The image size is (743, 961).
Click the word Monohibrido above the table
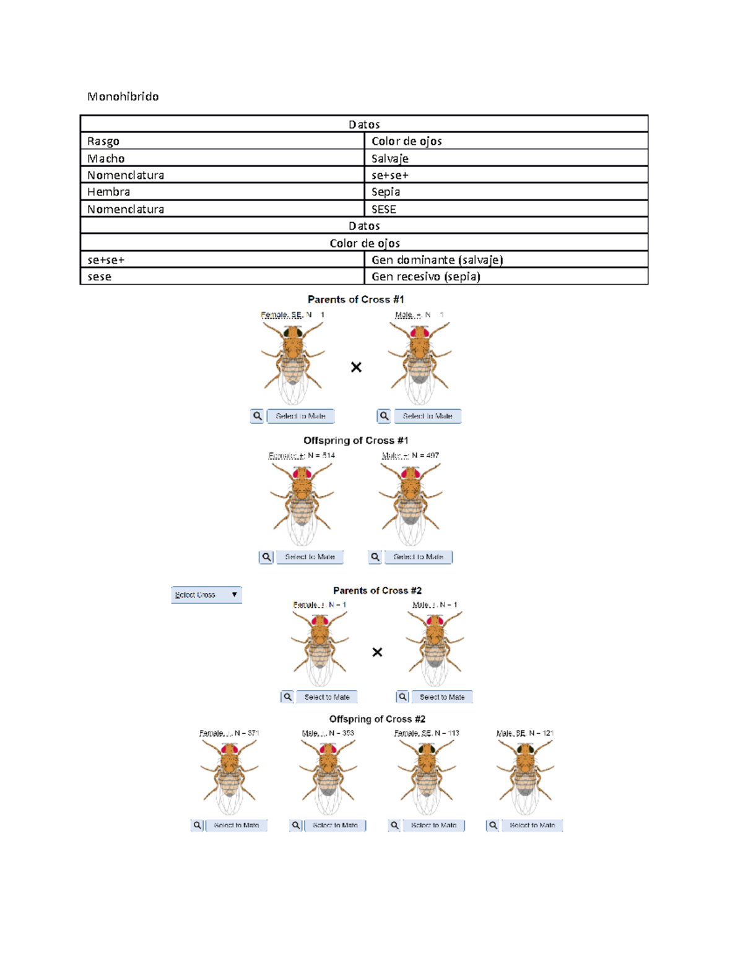pos(123,97)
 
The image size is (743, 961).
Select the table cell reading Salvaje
pos(390,158)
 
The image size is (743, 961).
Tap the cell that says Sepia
pos(386,192)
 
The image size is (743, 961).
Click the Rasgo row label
pos(103,141)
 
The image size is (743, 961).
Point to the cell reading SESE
pos(384,209)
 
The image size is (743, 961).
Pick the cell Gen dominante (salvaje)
pos(437,260)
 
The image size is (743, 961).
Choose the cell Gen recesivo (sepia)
pos(426,277)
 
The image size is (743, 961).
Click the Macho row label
pos(106,158)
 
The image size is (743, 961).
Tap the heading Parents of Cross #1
pos(355,300)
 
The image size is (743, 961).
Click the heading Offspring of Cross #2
pos(377,719)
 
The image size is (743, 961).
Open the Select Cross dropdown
pos(206,595)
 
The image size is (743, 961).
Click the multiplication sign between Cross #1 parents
pos(356,368)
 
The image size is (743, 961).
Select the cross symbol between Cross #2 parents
pos(377,652)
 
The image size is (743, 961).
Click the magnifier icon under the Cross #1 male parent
pos(384,416)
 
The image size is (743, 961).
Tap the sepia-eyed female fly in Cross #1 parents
pos(293,362)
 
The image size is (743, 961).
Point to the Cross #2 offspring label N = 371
pos(229,733)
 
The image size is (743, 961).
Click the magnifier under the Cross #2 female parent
pos(287,697)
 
